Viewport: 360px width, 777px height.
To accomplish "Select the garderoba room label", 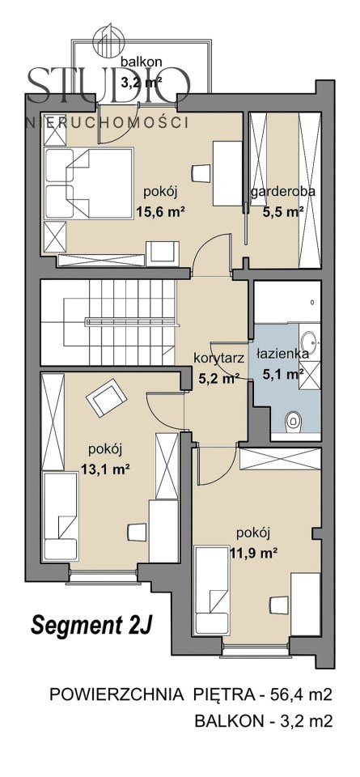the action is (x=283, y=193).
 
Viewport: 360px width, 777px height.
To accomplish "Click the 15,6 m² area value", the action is (x=160, y=213).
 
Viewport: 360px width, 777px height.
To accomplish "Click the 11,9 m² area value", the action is (x=252, y=553).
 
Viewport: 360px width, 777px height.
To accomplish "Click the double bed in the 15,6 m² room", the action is (x=89, y=183).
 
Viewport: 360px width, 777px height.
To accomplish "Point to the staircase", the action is (x=108, y=322).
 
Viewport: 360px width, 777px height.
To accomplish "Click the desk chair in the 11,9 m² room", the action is (x=279, y=605).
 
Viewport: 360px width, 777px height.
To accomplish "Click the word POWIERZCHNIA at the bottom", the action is (x=115, y=695).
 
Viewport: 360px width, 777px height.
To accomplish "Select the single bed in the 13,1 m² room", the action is (x=60, y=516).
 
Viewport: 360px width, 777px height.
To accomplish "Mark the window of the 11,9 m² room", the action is (x=256, y=646).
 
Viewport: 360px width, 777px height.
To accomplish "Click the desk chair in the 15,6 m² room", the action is (x=200, y=174).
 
